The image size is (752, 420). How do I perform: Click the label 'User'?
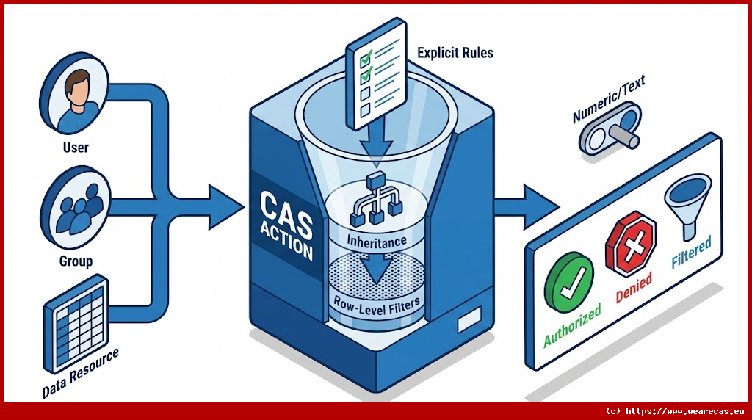tap(75, 148)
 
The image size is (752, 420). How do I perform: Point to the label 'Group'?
tap(76, 260)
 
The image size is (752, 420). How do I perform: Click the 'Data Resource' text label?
tap(81, 374)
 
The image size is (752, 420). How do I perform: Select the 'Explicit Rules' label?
tap(455, 53)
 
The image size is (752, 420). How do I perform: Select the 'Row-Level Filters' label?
tap(377, 302)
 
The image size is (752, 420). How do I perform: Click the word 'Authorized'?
tap(573, 324)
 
